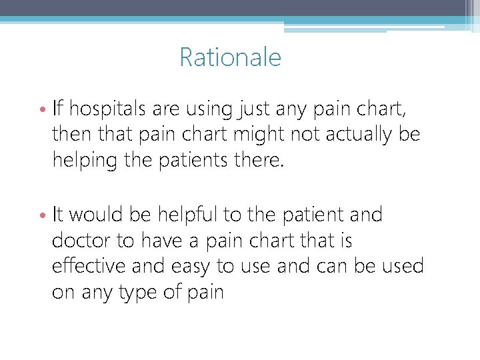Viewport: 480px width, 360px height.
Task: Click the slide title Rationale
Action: point(230,57)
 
